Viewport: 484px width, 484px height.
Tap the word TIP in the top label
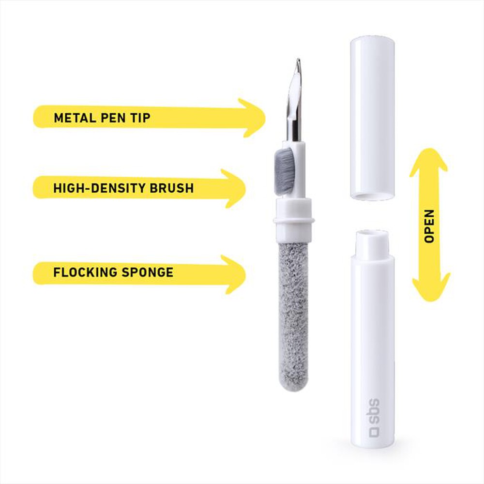140,118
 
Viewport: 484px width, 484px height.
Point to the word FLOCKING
81,272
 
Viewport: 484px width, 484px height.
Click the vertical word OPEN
429,226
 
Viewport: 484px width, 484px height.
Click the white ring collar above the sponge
294,220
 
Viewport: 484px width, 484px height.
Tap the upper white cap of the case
372,111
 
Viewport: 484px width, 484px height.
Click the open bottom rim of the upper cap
372,196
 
